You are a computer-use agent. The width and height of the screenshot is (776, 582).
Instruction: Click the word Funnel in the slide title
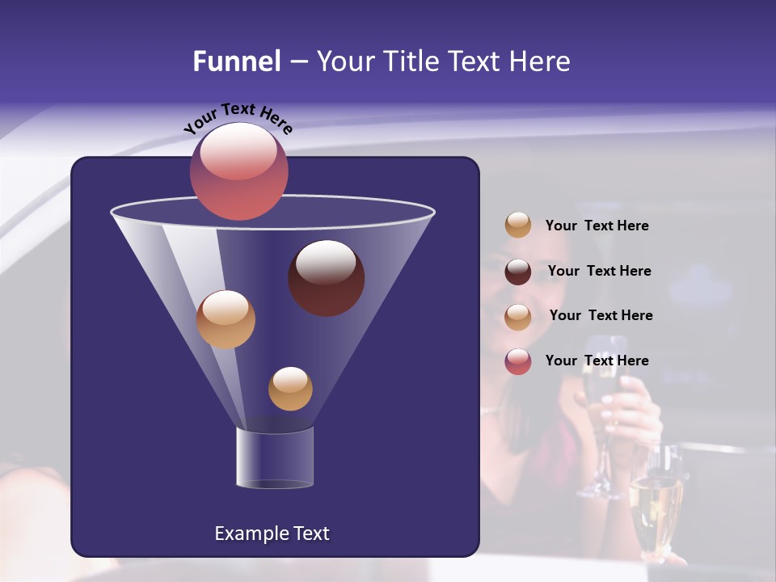click(236, 61)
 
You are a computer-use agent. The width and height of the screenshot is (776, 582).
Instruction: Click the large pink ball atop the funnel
click(238, 171)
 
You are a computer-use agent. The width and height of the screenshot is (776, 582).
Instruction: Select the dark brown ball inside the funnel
click(326, 279)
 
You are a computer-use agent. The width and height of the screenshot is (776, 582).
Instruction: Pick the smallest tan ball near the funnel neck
click(290, 389)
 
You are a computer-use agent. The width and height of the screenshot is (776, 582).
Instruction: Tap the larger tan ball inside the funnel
click(226, 319)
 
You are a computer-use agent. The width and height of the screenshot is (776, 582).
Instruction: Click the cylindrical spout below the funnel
click(275, 458)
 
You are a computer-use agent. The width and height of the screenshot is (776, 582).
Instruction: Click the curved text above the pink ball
click(238, 119)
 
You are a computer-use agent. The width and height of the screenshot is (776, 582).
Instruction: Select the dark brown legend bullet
click(518, 272)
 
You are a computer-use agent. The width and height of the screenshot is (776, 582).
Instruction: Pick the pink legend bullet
click(518, 361)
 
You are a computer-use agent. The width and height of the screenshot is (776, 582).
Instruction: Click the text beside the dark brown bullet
click(599, 271)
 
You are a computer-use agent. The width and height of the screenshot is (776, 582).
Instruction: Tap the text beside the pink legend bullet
click(597, 361)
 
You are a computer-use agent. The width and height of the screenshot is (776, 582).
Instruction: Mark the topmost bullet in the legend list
click(518, 225)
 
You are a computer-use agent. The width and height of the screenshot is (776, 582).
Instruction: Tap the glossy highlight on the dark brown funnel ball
click(326, 262)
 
